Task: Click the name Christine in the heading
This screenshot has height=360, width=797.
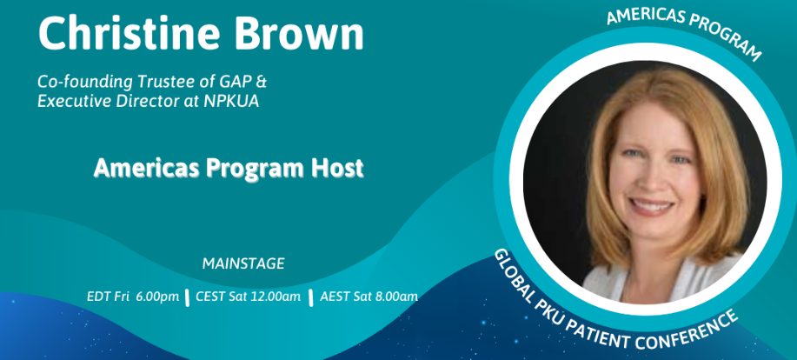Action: (129, 34)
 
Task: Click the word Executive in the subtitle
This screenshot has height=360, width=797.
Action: (74, 101)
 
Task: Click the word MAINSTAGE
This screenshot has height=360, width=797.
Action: (243, 263)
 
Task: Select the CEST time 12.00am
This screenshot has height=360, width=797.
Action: (277, 297)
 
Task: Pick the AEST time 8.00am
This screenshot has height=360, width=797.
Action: (397, 297)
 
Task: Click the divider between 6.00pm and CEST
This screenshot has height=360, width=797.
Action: (188, 297)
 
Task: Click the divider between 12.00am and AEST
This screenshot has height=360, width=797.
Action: (310, 297)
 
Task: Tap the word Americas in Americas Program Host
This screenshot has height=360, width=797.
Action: (146, 168)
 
